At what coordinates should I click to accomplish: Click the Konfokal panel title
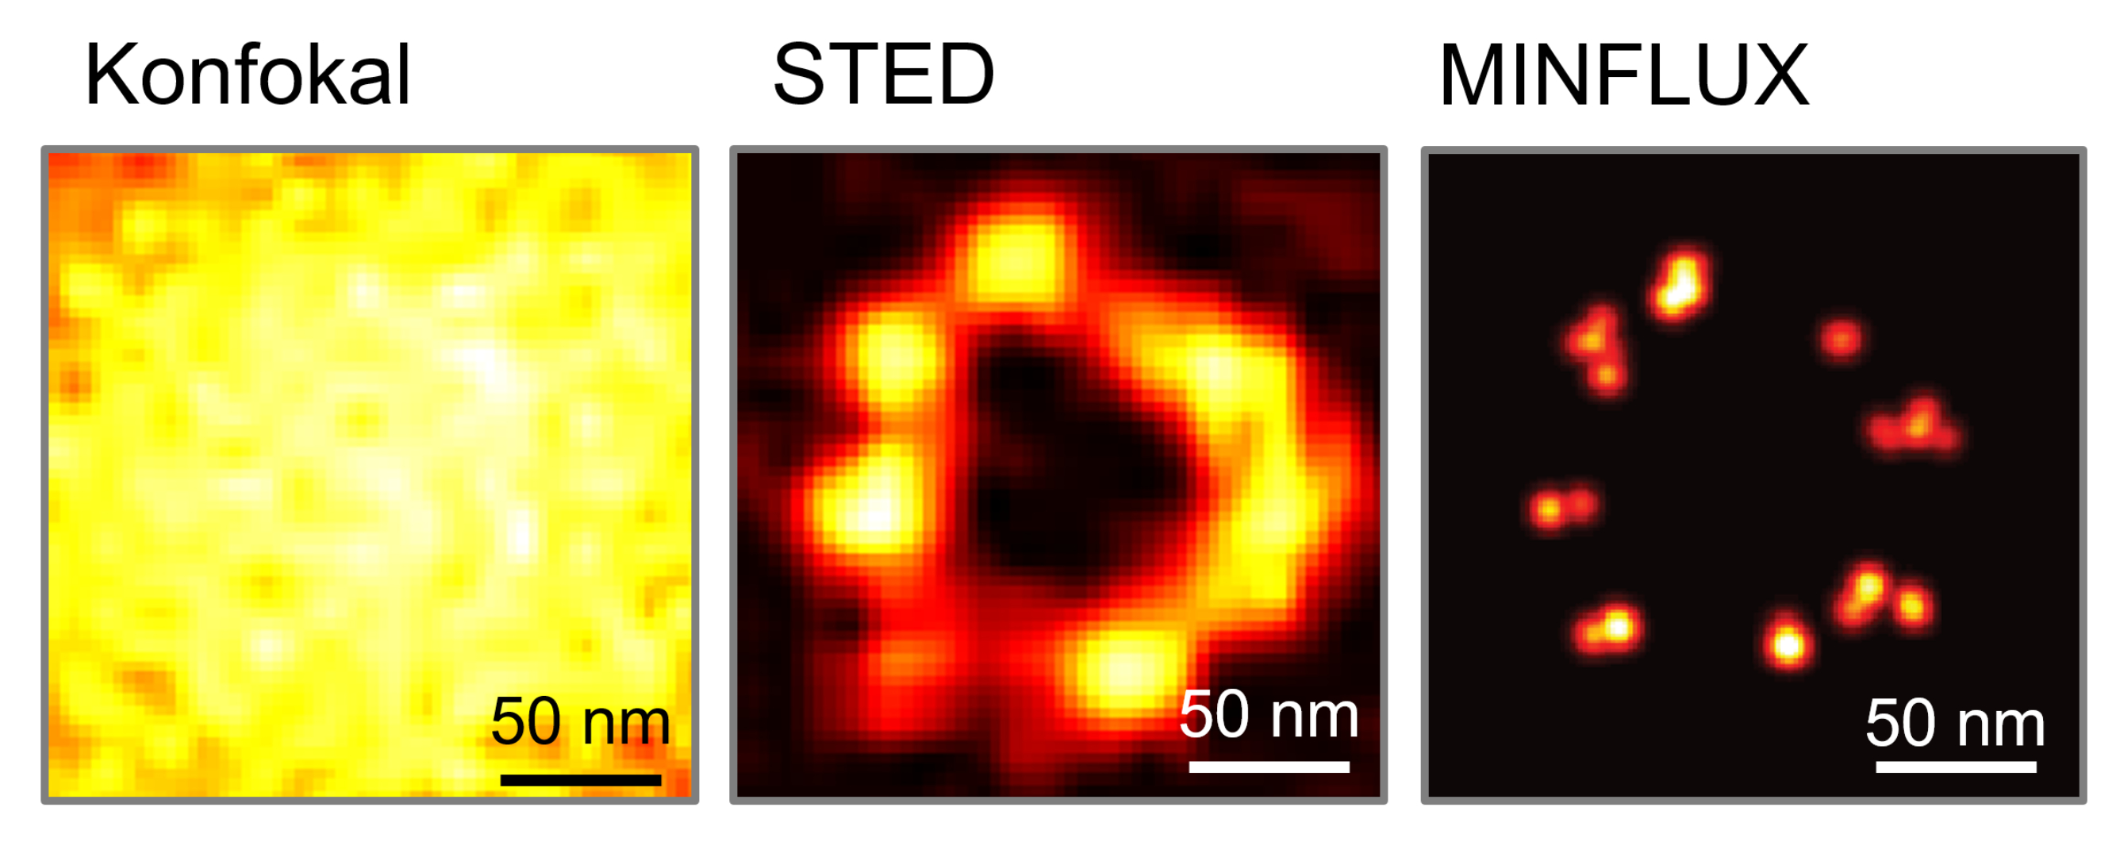pyautogui.click(x=247, y=75)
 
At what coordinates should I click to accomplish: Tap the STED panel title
pyautogui.click(x=884, y=75)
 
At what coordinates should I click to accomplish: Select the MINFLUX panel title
pyautogui.click(x=1623, y=75)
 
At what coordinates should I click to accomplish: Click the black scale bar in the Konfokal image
pyautogui.click(x=580, y=780)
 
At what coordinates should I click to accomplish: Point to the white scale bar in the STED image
pyautogui.click(x=1269, y=767)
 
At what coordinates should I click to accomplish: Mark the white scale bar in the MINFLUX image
pyautogui.click(x=1955, y=767)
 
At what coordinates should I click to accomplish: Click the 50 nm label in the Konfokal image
pyautogui.click(x=580, y=721)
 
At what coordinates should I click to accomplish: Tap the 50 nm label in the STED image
pyautogui.click(x=1269, y=715)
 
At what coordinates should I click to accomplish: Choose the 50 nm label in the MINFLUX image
pyautogui.click(x=1955, y=723)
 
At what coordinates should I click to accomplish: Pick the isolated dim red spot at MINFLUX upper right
pyautogui.click(x=1840, y=338)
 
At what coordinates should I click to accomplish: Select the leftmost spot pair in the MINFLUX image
pyautogui.click(x=1562, y=508)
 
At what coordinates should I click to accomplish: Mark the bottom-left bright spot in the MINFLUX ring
pyautogui.click(x=1608, y=628)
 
